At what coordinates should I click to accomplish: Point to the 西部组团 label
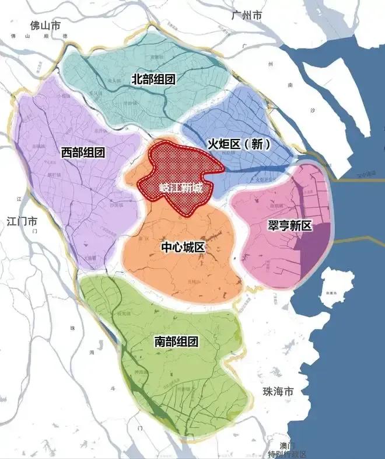tap(83, 153)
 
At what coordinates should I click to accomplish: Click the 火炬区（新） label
tap(240, 144)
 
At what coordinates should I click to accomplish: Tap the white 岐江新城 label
tap(181, 189)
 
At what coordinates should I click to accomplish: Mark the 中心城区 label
tap(183, 248)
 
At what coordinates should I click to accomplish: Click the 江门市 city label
tap(22, 222)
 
